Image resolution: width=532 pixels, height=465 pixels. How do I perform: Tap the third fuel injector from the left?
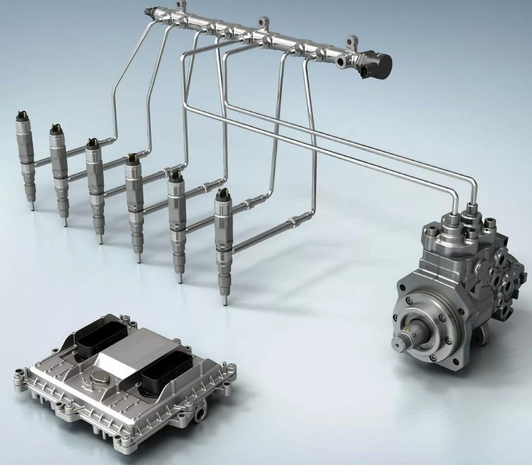(x=96, y=181)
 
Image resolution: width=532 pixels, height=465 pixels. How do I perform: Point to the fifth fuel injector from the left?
(x=177, y=219)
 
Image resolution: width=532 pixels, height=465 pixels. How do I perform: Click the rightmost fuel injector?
(x=223, y=234)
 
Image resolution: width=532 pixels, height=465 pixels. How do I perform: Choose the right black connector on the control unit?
(x=166, y=376)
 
